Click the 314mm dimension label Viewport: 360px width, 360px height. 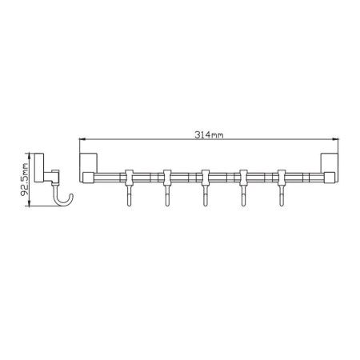(209, 135)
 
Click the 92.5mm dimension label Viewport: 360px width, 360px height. (25, 179)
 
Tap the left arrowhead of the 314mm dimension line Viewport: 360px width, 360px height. (82, 139)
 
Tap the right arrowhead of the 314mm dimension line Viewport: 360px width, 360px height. (336, 139)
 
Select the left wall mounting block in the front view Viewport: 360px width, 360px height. (89, 163)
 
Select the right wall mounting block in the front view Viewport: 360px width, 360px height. (330, 163)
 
